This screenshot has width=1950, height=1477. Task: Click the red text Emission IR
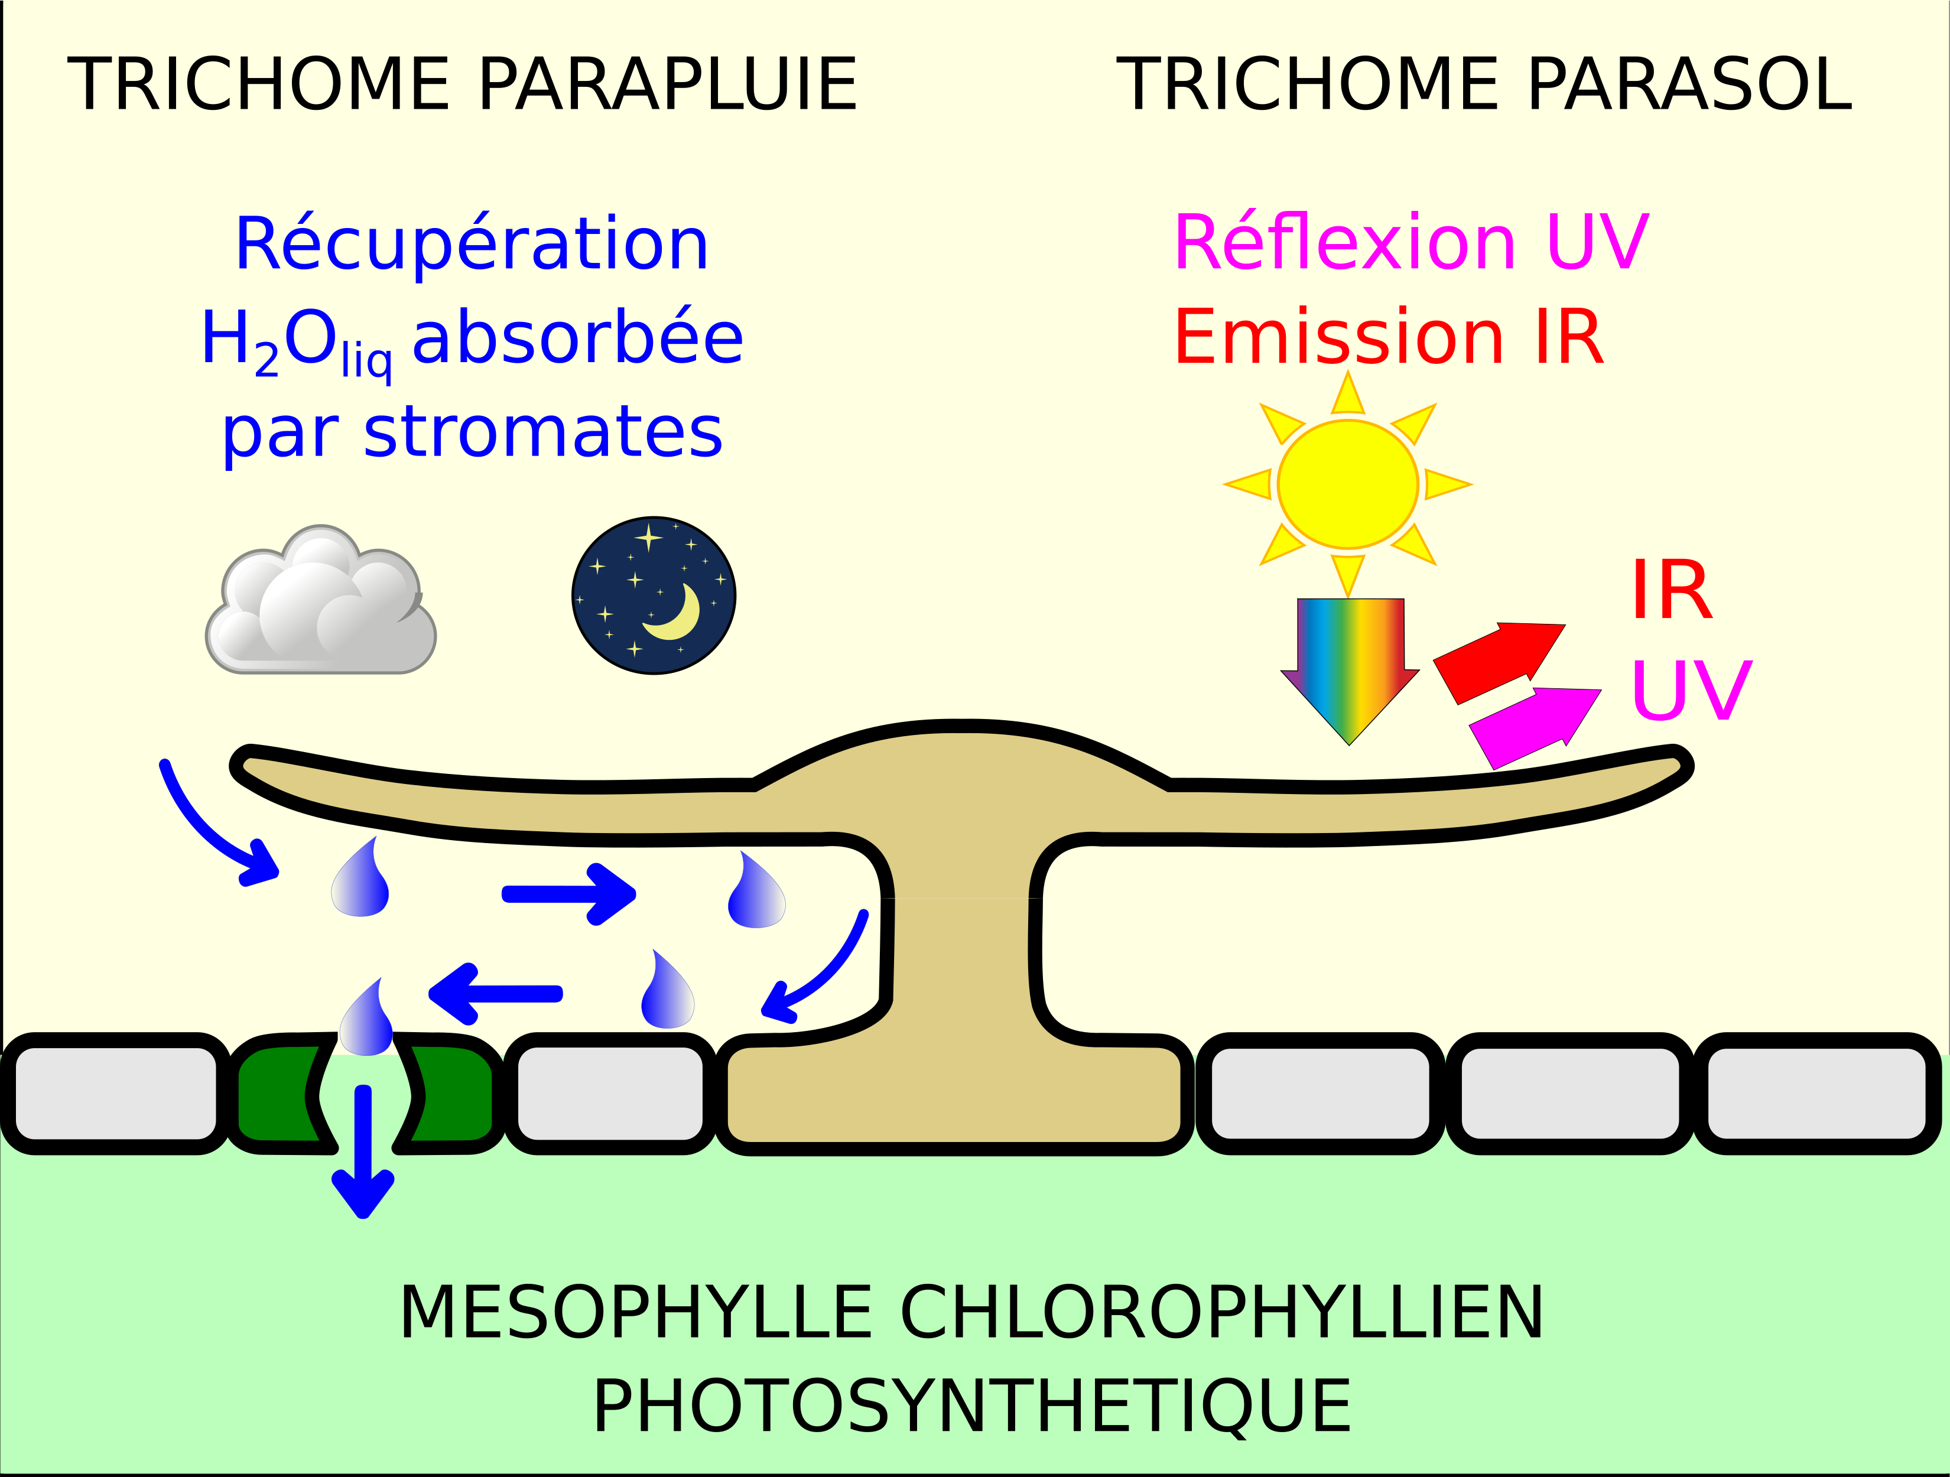(1389, 337)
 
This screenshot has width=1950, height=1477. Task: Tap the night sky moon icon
(654, 596)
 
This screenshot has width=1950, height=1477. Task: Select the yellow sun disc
(1348, 484)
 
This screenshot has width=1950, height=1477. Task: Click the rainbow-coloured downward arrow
(1350, 661)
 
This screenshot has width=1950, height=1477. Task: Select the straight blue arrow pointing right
(568, 894)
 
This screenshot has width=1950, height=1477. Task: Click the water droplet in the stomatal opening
(366, 1022)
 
